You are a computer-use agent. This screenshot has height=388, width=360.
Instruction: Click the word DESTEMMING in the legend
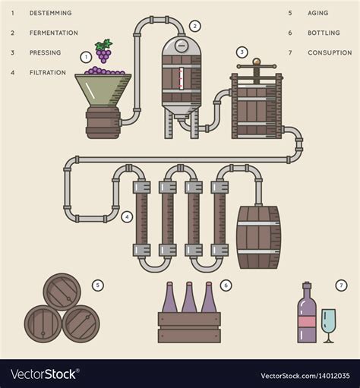click(x=51, y=13)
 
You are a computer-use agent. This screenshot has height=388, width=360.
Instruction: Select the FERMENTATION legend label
click(x=53, y=33)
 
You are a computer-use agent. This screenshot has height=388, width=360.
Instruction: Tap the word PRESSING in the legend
click(x=46, y=52)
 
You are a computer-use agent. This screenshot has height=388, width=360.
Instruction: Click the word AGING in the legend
click(x=318, y=13)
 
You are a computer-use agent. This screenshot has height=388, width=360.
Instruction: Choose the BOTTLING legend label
click(x=323, y=33)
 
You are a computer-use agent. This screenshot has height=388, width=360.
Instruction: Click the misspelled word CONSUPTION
click(x=329, y=52)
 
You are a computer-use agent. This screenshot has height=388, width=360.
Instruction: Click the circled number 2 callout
click(x=195, y=26)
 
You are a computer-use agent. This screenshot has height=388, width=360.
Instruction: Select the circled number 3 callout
click(x=242, y=52)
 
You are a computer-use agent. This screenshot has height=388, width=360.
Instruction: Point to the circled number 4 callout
click(x=127, y=216)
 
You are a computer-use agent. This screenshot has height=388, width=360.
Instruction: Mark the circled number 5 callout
click(x=97, y=285)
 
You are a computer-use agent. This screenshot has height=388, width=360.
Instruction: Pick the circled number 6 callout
click(x=226, y=285)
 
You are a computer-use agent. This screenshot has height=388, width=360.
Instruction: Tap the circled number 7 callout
click(x=341, y=285)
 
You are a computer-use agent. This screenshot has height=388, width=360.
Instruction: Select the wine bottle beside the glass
click(x=307, y=315)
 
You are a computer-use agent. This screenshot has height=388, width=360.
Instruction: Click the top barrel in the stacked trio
click(x=62, y=292)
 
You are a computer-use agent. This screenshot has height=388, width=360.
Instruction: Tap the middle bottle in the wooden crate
click(x=188, y=300)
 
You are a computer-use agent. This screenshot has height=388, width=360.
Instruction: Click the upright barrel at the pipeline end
click(x=259, y=236)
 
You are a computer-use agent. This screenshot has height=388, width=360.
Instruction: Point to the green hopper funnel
click(x=102, y=90)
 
